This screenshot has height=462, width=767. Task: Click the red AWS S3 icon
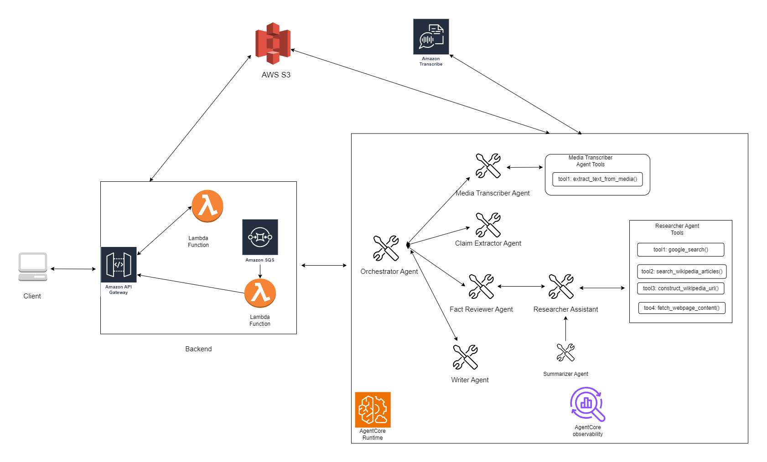[273, 43]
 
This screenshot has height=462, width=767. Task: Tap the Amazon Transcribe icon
[431, 36]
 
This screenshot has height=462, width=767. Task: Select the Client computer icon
[33, 267]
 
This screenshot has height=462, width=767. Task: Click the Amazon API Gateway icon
[119, 265]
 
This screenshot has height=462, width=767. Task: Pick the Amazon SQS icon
[260, 237]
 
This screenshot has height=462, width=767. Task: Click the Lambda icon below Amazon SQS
[260, 293]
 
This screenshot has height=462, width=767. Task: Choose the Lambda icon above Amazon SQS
[207, 206]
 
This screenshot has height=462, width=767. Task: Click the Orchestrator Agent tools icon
[386, 248]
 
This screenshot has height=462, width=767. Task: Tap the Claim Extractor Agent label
[488, 243]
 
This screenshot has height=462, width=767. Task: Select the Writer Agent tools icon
[465, 357]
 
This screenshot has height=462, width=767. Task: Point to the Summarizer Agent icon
[565, 353]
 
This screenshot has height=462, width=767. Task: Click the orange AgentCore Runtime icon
[373, 410]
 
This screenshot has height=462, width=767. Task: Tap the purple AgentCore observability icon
[587, 404]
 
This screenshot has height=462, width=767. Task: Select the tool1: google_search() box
[680, 250]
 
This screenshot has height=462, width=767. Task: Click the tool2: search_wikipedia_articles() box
[682, 272]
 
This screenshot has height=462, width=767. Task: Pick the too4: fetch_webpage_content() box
[682, 308]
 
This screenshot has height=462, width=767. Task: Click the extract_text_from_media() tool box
[597, 179]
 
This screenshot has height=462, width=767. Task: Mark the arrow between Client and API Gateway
[73, 269]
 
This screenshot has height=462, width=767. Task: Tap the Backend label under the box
[198, 349]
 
